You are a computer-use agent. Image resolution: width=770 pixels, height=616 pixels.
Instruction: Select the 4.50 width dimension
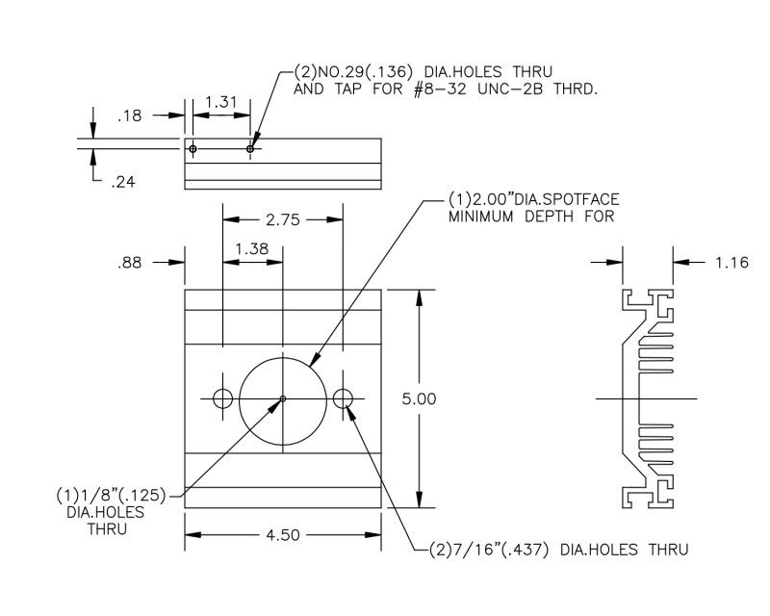[x=282, y=535]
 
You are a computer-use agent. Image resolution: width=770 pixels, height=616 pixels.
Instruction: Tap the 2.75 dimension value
[x=282, y=219]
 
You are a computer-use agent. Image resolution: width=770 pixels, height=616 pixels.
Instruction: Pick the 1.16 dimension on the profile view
[x=732, y=261]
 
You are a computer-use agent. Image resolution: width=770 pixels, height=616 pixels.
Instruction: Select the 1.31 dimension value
[x=221, y=99]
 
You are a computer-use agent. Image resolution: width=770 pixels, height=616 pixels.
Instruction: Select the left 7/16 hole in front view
[x=223, y=398]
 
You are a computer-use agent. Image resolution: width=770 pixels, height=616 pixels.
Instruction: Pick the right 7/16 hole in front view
[x=343, y=398]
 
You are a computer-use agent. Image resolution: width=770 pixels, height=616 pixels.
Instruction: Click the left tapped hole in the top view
[x=193, y=148]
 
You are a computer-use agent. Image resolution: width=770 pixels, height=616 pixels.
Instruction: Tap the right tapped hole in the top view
[x=250, y=148]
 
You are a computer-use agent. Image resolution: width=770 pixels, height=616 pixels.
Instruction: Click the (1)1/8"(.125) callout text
[x=112, y=497]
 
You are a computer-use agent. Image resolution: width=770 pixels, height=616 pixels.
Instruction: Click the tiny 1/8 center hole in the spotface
[x=282, y=398]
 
